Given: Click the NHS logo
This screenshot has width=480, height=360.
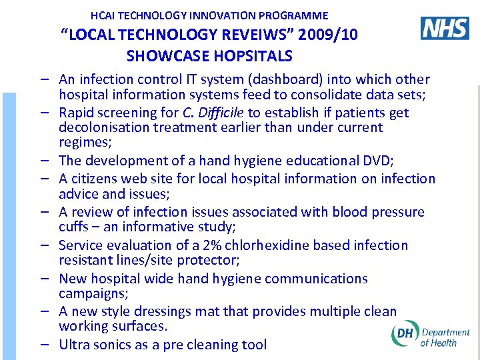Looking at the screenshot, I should (x=445, y=28).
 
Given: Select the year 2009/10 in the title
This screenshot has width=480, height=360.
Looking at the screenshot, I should (x=326, y=35).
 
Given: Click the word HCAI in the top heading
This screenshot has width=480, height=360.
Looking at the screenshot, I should (x=105, y=15).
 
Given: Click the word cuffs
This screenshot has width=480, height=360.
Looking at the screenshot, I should (x=75, y=227).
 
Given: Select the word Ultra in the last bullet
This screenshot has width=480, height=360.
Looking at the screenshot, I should (x=74, y=345).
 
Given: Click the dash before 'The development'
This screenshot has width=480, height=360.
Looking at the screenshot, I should (x=43, y=161).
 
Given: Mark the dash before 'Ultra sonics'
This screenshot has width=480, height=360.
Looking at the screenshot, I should (x=43, y=345).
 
